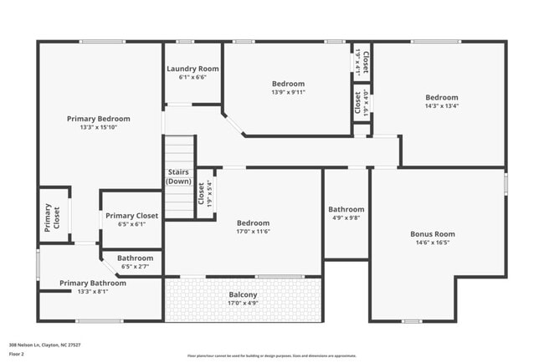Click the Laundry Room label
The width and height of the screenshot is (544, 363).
point(192,69)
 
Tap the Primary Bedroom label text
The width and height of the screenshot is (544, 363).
point(99,119)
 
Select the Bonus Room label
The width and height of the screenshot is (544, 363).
point(432,234)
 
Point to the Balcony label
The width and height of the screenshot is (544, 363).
point(244,294)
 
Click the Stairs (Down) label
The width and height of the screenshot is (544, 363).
point(178,176)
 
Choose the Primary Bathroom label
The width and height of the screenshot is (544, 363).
point(93,283)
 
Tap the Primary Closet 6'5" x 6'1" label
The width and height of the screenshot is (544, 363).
point(131,216)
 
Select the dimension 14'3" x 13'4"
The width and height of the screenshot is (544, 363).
point(441,105)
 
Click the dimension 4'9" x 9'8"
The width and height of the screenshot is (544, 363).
point(346,217)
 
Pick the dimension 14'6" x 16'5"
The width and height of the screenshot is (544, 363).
point(432,243)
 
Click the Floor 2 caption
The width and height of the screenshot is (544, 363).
point(18,354)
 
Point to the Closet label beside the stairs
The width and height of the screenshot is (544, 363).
point(202,193)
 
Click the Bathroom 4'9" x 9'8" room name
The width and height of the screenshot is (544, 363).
point(346,209)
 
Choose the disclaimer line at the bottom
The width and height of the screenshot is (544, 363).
point(271,355)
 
